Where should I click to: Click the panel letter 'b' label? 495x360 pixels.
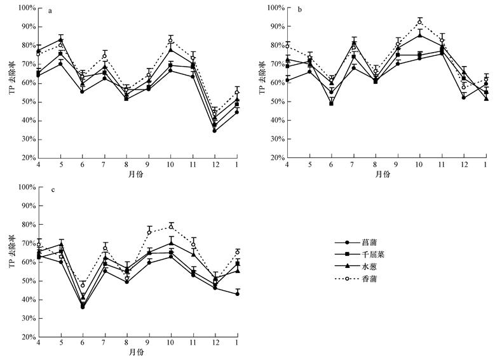(x=298, y=11)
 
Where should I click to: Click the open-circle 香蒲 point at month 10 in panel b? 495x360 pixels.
(x=419, y=22)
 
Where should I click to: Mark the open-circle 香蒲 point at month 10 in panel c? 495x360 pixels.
(x=171, y=227)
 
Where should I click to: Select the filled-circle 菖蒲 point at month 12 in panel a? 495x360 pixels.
(x=215, y=131)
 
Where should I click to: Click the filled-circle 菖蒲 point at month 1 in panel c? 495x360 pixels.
(x=237, y=294)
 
